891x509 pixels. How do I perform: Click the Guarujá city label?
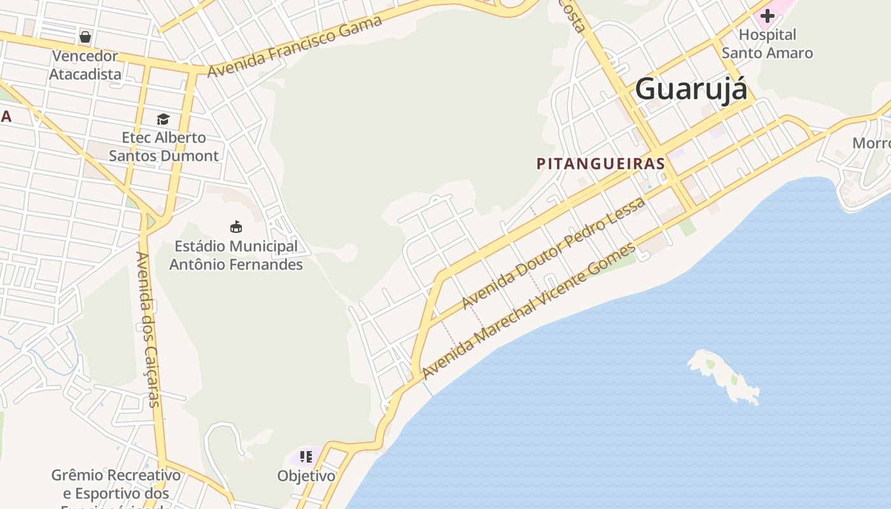click(x=691, y=88)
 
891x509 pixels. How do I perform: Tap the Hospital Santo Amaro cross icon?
click(x=768, y=15)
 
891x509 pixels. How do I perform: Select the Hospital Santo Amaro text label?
click(x=767, y=44)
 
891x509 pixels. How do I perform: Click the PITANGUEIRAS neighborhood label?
click(x=601, y=164)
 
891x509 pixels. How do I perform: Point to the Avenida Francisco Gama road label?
click(x=295, y=46)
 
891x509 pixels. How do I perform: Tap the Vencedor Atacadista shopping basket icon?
click(x=85, y=36)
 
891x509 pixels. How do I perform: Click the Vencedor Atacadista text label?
click(x=85, y=65)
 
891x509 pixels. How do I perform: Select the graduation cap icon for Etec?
click(x=164, y=119)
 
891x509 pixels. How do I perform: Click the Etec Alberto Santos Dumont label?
click(x=164, y=146)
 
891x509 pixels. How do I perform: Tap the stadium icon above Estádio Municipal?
click(x=236, y=227)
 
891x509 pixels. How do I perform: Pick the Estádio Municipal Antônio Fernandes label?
click(x=236, y=254)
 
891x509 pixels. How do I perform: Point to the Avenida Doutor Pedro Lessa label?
click(x=554, y=253)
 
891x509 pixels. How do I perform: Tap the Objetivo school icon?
click(x=306, y=456)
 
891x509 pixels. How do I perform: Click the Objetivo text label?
click(x=306, y=475)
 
